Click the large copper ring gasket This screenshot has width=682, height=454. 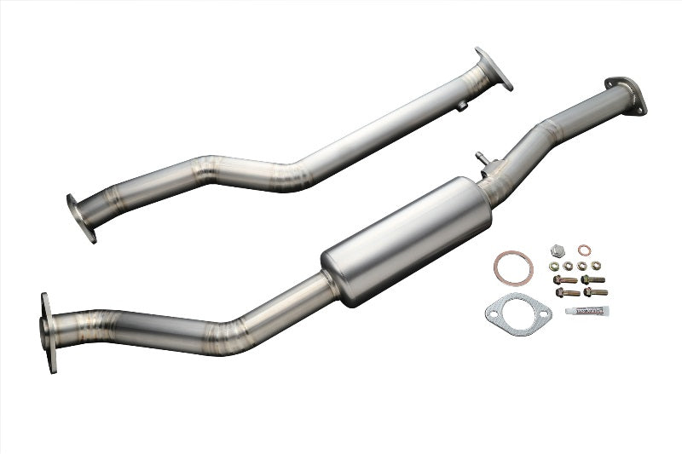(x=512, y=267)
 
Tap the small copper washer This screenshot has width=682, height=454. (x=584, y=250)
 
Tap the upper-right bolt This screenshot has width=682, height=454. (x=593, y=279)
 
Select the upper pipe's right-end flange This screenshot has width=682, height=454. (x=494, y=68)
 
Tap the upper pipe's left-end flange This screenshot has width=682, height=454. (x=82, y=218)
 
